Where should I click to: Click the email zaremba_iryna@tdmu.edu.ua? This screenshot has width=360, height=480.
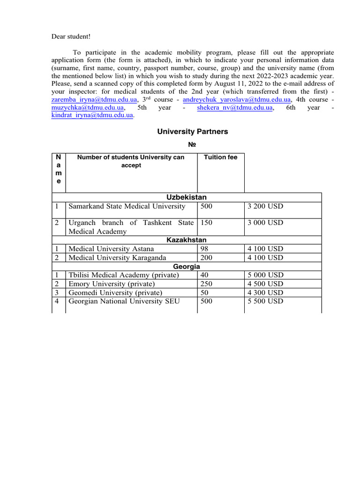94,100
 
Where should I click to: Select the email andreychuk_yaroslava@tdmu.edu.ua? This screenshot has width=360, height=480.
237,100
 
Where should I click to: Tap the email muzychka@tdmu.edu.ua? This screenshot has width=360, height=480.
88,108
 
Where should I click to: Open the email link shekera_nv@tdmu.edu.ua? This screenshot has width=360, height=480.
235,108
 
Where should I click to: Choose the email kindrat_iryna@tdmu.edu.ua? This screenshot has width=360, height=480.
92,115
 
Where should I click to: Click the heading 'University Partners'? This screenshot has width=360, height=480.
192,132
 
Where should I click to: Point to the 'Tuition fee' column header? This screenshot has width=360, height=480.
221,157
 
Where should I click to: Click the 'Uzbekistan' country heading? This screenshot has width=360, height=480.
187,197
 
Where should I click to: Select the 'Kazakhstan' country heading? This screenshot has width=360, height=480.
187,240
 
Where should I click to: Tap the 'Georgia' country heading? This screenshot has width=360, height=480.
187,266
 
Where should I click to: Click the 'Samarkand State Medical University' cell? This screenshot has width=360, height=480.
127,206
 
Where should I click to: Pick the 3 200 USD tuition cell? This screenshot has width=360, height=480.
265,206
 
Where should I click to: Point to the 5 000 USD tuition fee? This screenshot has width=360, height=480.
265,275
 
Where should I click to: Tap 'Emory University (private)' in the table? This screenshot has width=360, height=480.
112,284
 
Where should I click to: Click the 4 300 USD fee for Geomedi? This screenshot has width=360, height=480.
265,292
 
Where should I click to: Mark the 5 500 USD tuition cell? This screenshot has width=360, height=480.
265,301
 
